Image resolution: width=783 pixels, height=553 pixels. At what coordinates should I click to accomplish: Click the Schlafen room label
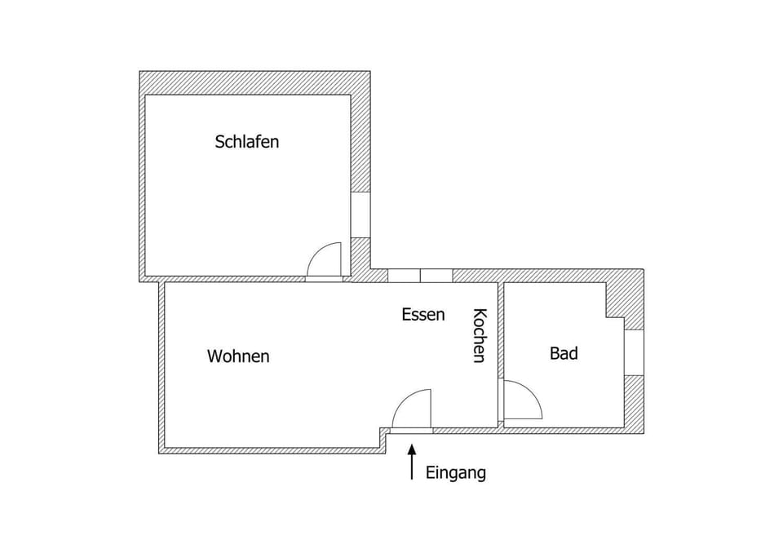pyautogui.click(x=247, y=141)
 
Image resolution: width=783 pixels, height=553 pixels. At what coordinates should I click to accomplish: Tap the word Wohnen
pyautogui.click(x=238, y=356)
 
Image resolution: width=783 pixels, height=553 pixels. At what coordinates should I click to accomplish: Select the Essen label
pyautogui.click(x=423, y=314)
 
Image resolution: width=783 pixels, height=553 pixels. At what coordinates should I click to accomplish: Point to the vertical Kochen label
pyautogui.click(x=480, y=335)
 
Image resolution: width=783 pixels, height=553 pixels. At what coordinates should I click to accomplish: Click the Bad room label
pyautogui.click(x=564, y=353)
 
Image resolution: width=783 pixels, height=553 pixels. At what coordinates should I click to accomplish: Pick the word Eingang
pyautogui.click(x=456, y=473)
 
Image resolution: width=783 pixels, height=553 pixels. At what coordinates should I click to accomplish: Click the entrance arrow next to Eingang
pyautogui.click(x=412, y=461)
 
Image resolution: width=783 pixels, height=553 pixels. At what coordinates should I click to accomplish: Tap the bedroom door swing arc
pyautogui.click(x=326, y=259)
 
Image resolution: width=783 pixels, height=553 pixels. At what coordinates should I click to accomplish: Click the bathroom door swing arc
pyautogui.click(x=524, y=400)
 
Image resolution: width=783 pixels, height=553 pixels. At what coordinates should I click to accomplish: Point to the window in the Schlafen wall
pyautogui.click(x=361, y=215)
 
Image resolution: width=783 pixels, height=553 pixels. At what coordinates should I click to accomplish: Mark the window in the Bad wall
pyautogui.click(x=634, y=352)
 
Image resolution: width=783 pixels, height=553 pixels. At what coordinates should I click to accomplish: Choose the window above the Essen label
pyautogui.click(x=420, y=276)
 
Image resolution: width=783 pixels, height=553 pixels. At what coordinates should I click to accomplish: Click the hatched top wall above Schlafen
pyautogui.click(x=254, y=82)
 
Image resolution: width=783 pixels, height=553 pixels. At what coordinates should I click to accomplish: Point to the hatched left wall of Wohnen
pyautogui.click(x=162, y=367)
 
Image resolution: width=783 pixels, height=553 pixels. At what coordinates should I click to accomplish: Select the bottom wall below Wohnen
pyautogui.click(x=269, y=449)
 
